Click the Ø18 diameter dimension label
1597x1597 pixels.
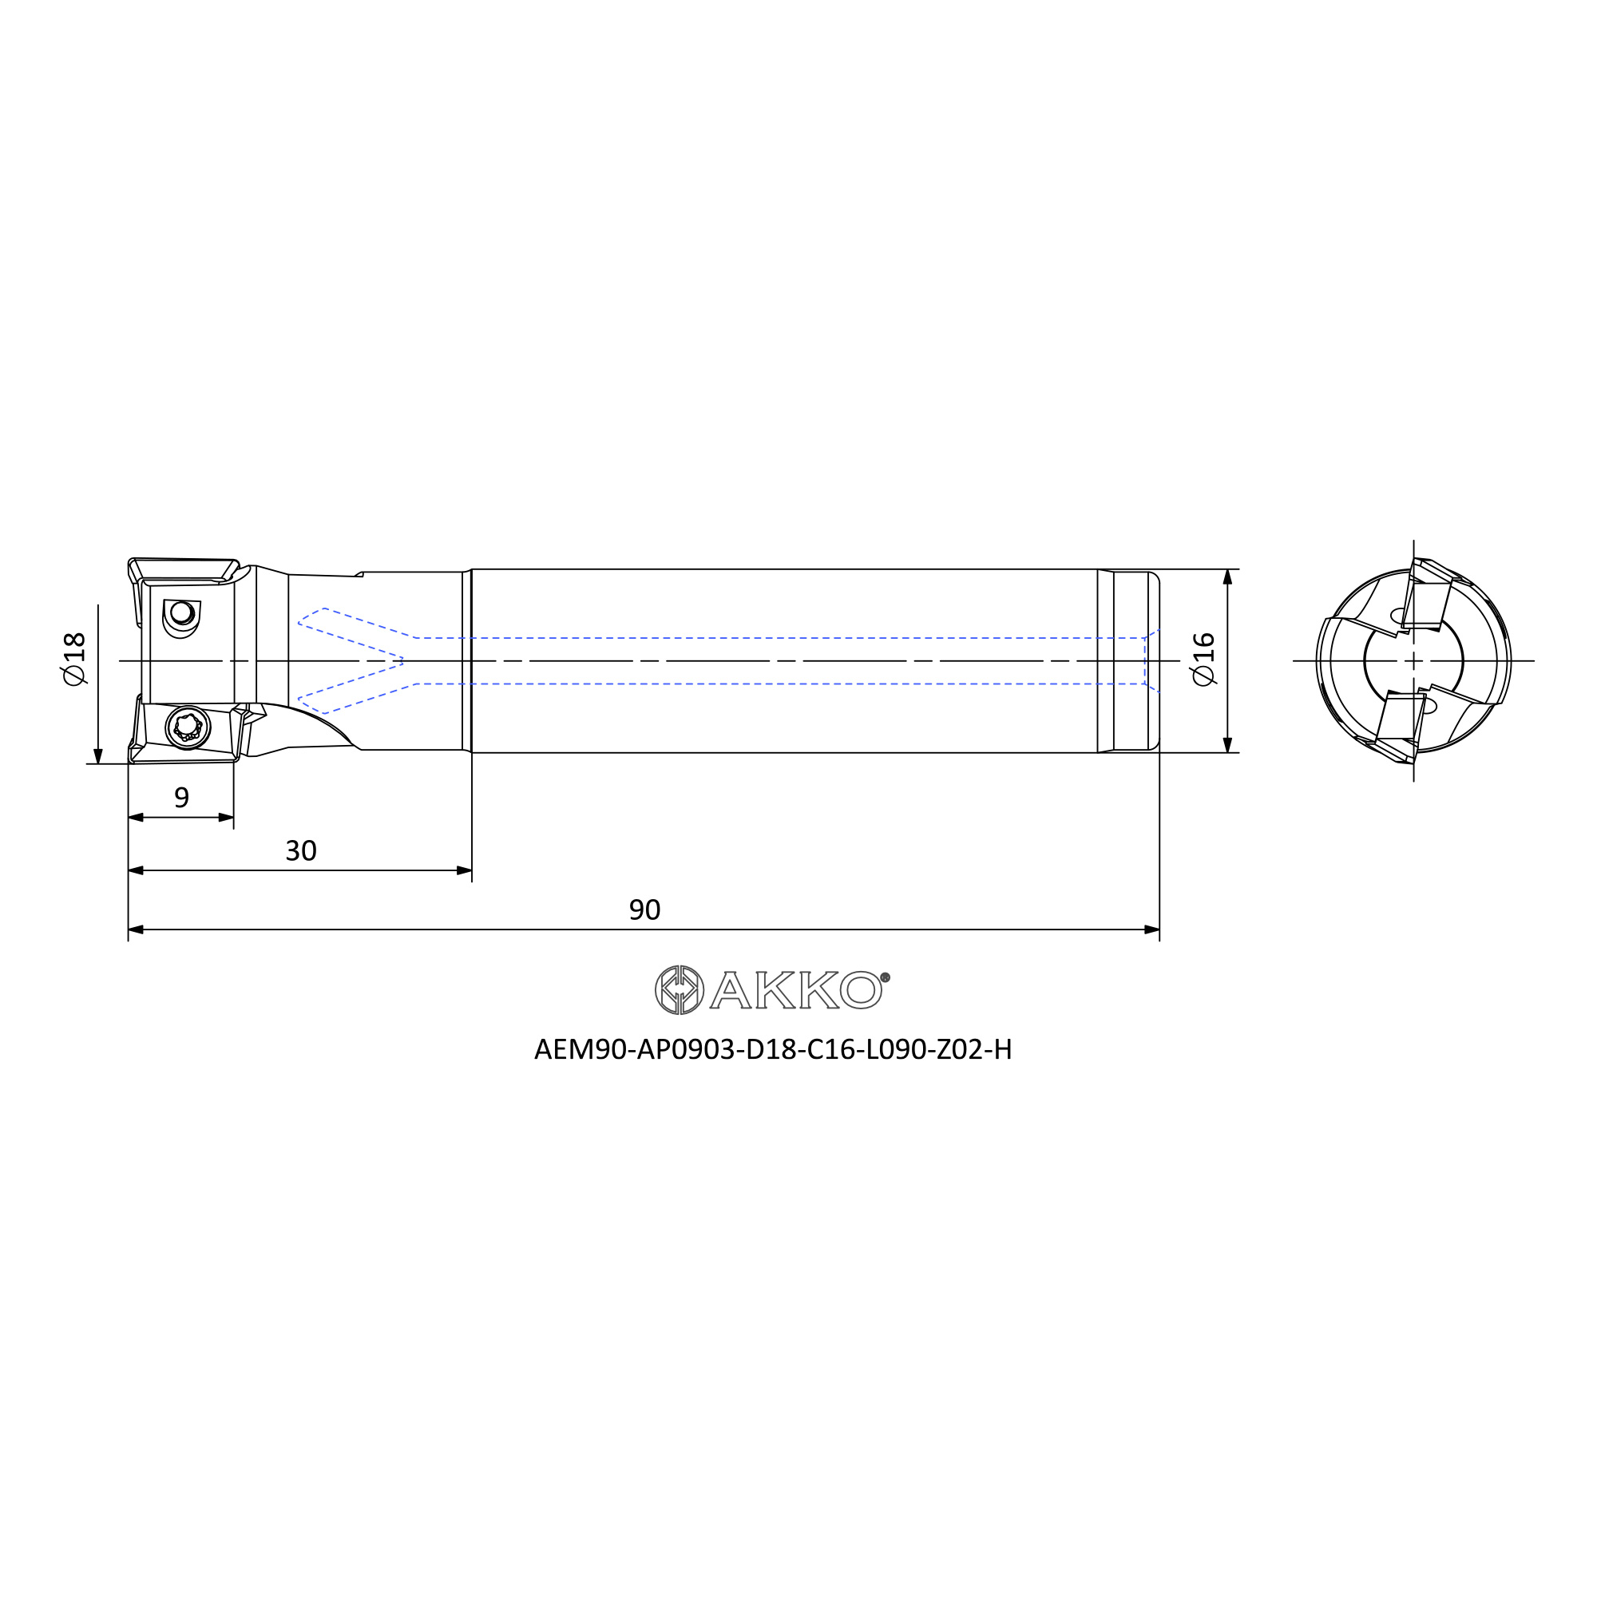[74, 659]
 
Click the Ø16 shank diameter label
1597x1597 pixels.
[1204, 659]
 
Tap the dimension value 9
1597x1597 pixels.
[182, 798]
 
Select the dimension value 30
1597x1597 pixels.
[301, 850]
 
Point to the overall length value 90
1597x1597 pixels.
[644, 910]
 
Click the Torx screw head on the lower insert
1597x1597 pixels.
[188, 727]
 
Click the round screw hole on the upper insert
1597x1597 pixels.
[181, 613]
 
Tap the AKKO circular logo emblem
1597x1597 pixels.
[679, 989]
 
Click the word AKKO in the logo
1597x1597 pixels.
[797, 990]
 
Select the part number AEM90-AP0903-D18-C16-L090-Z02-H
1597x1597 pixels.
[773, 1049]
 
